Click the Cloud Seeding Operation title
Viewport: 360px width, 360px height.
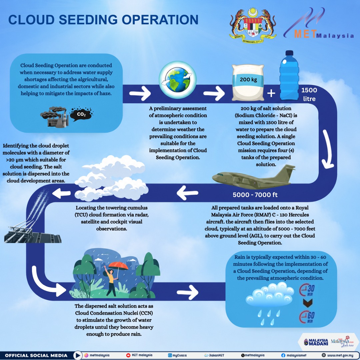click(103, 20)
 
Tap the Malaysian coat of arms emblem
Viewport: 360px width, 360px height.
click(253, 25)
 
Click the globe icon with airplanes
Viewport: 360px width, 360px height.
click(177, 80)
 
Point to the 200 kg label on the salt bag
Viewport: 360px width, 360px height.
click(248, 80)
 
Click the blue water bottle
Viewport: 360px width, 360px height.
click(289, 75)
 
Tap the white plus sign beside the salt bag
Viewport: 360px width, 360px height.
click(271, 93)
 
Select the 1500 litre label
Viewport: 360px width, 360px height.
click(309, 94)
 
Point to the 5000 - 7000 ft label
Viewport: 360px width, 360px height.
click(255, 195)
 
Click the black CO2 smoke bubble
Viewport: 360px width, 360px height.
click(81, 114)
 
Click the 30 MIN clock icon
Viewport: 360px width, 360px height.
click(307, 290)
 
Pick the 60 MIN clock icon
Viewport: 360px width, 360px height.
click(307, 317)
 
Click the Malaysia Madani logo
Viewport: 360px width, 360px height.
click(316, 342)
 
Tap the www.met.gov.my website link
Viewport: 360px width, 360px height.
click(337, 355)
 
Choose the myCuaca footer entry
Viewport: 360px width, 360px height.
click(177, 355)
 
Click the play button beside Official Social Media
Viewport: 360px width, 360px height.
click(78, 355)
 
